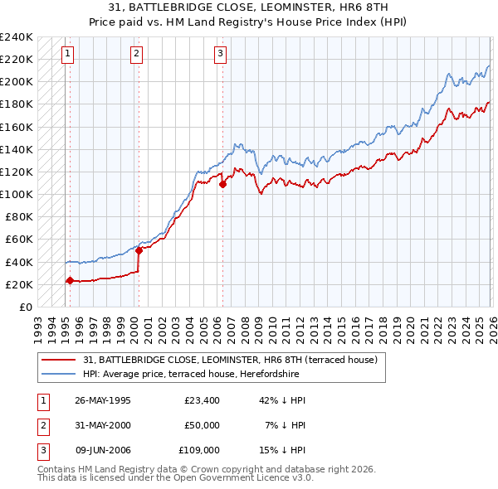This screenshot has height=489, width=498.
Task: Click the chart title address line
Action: click(x=249, y=7)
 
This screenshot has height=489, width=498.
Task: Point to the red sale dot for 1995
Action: click(x=70, y=280)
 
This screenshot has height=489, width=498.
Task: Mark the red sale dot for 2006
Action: click(x=222, y=184)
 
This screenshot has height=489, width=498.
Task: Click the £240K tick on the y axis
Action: click(x=17, y=37)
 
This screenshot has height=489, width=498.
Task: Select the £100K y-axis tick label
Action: click(x=17, y=194)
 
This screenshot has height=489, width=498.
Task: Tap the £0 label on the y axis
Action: click(x=25, y=307)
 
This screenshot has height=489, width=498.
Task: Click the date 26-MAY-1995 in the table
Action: click(x=103, y=400)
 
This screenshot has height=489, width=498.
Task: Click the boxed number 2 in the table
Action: click(x=41, y=425)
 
